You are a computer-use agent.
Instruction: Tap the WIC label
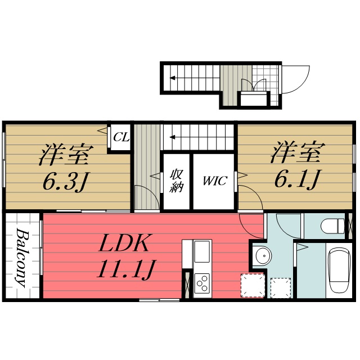(x=214, y=181)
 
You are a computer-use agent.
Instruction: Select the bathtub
(x=340, y=270)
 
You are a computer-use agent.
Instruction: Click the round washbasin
(x=261, y=258)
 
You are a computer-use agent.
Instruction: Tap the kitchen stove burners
(x=202, y=281)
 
